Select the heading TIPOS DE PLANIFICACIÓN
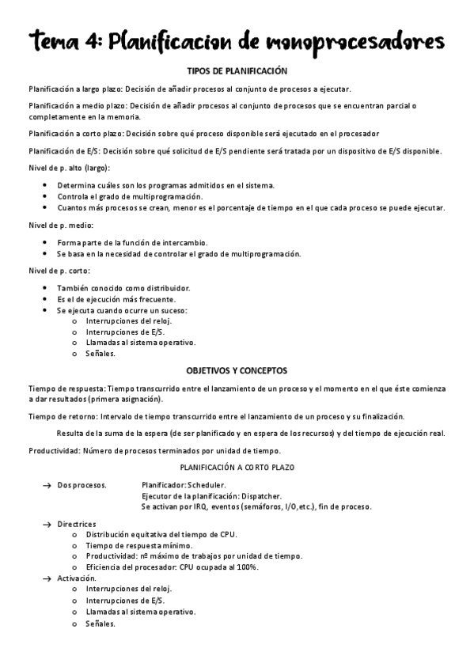[x=237, y=70]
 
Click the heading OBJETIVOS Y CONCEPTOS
[x=237, y=370]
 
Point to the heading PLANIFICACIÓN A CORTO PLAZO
[x=237, y=468]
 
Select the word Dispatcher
[x=260, y=495]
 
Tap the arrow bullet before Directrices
[x=46, y=524]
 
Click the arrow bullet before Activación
[x=46, y=578]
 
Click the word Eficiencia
[x=104, y=567]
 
